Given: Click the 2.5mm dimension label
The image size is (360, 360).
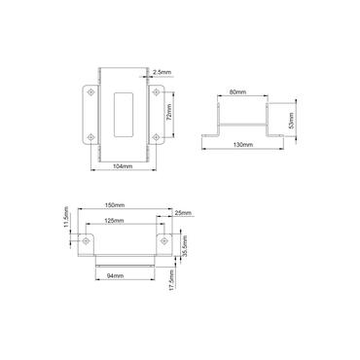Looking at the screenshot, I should coord(162,70).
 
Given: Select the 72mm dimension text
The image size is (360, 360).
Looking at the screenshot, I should coord(169,113).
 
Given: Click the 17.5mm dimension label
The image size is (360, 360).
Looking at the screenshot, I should coord(172,281).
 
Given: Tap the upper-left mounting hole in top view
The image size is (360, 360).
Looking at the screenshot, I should coord(90,92).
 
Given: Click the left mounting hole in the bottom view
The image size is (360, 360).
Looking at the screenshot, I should coord(90,239).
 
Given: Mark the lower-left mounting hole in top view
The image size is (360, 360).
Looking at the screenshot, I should coord(90,137).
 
